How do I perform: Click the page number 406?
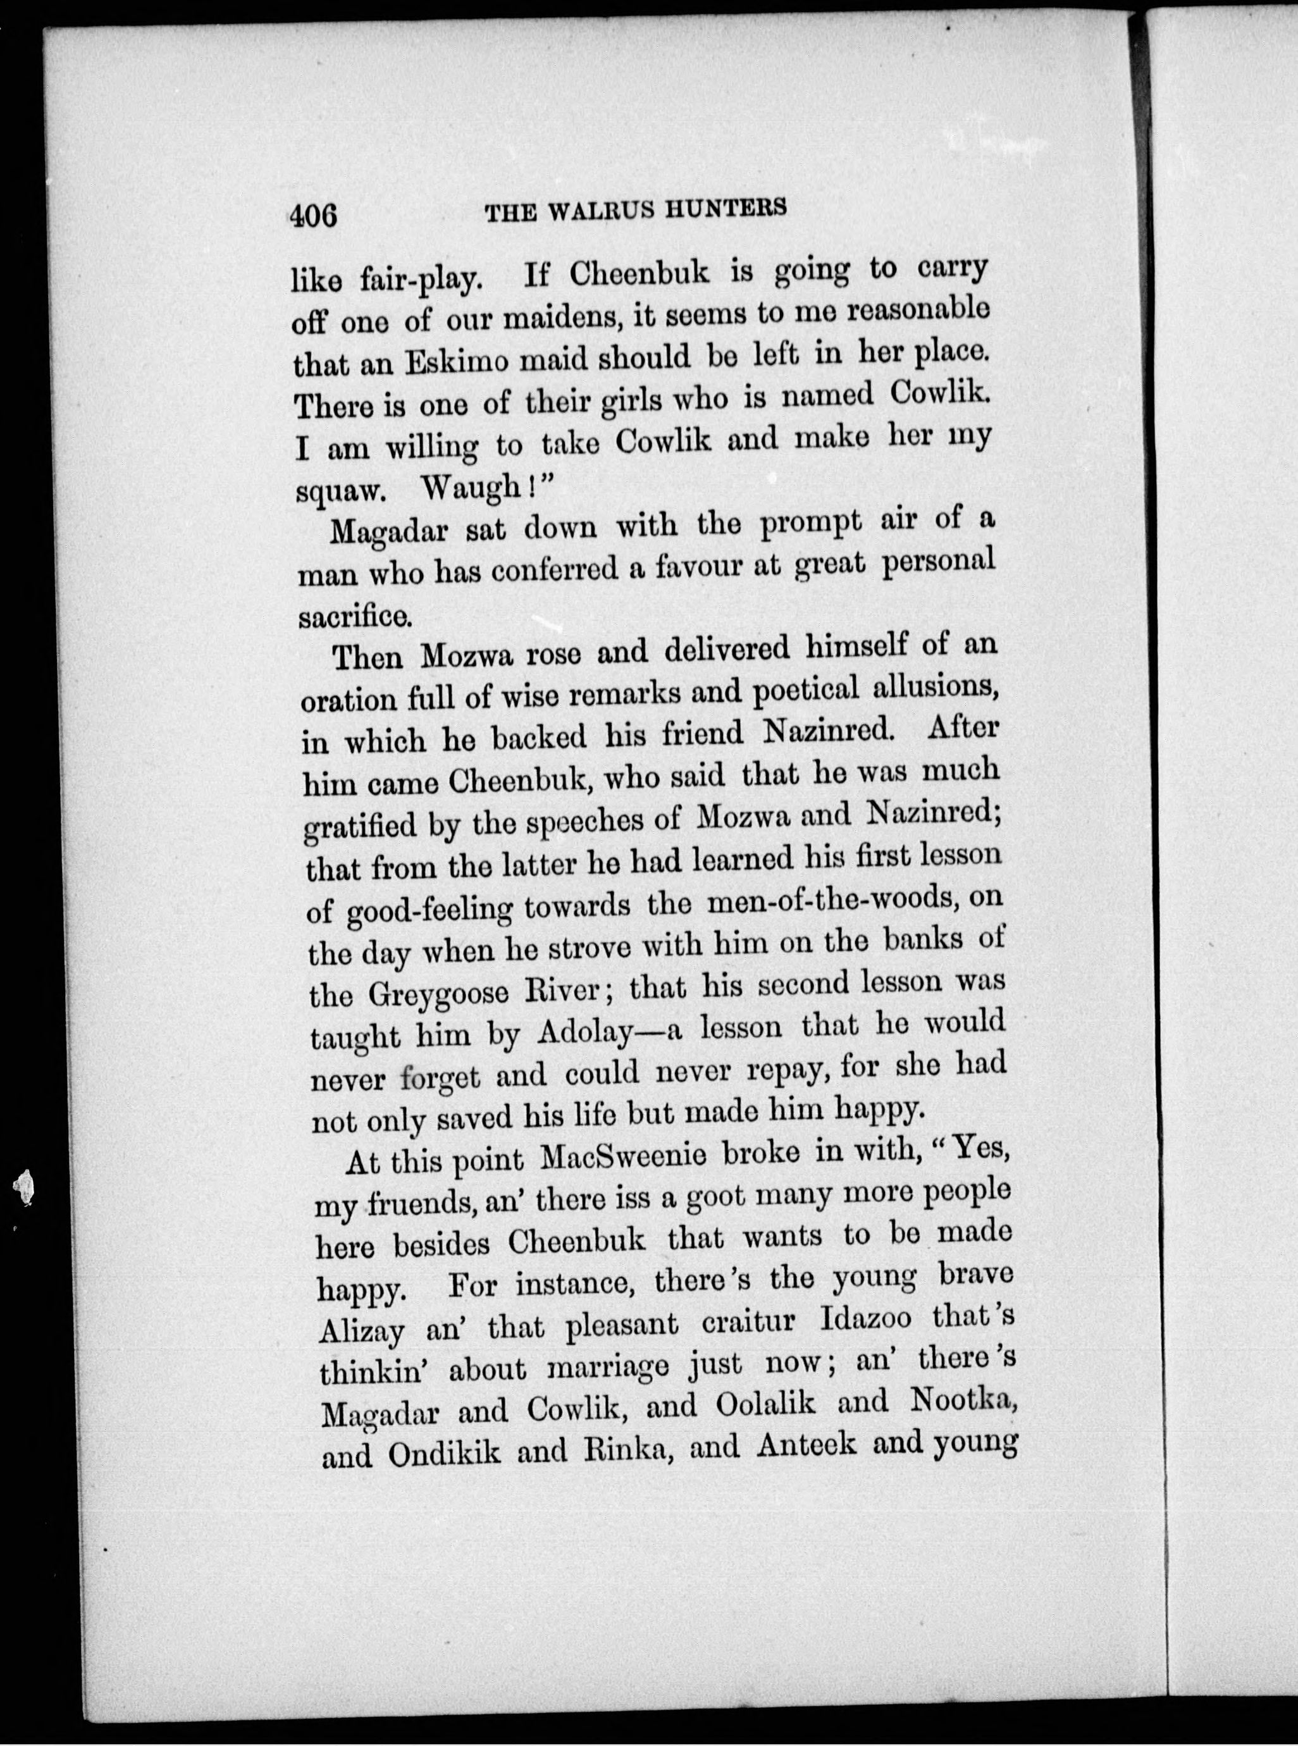pos(312,214)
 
